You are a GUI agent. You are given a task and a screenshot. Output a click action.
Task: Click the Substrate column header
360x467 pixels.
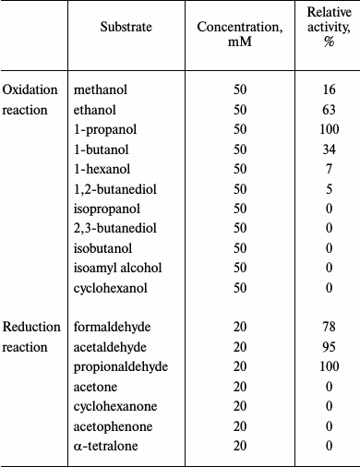point(126,29)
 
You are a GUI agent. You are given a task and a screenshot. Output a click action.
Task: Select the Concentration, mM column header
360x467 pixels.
point(240,36)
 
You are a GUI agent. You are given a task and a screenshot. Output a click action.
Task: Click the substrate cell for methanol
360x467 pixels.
point(100,90)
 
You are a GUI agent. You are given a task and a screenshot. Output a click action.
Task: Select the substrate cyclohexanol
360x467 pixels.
point(108,288)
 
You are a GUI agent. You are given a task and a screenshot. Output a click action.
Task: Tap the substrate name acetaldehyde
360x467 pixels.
point(108,347)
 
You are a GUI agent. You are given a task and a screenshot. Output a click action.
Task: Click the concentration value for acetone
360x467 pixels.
point(240,387)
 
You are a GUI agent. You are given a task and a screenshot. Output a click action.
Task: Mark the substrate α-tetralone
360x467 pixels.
point(103,447)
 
